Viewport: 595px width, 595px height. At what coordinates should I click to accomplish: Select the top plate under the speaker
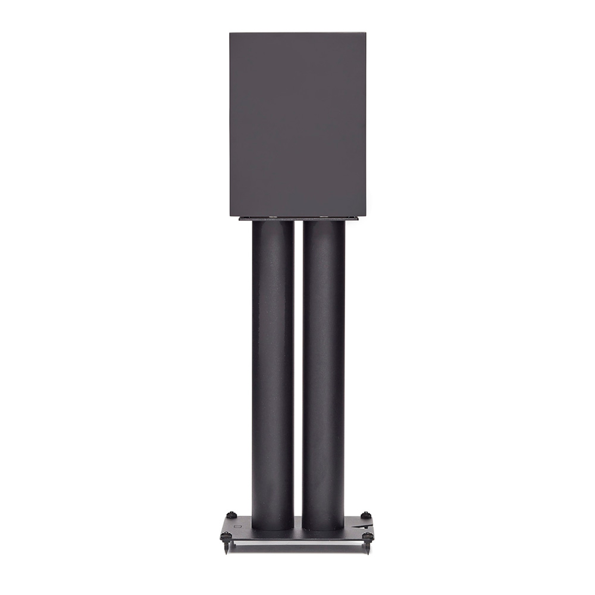coord(297,218)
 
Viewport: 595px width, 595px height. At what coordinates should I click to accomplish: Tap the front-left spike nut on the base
coord(226,536)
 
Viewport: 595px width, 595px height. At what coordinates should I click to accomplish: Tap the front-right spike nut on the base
coord(368,536)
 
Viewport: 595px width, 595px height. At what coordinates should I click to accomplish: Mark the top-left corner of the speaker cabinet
coord(230,33)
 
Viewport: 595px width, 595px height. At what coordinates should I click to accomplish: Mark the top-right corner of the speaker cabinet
coord(365,33)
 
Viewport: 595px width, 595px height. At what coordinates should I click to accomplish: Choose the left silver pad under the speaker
coord(273,216)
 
